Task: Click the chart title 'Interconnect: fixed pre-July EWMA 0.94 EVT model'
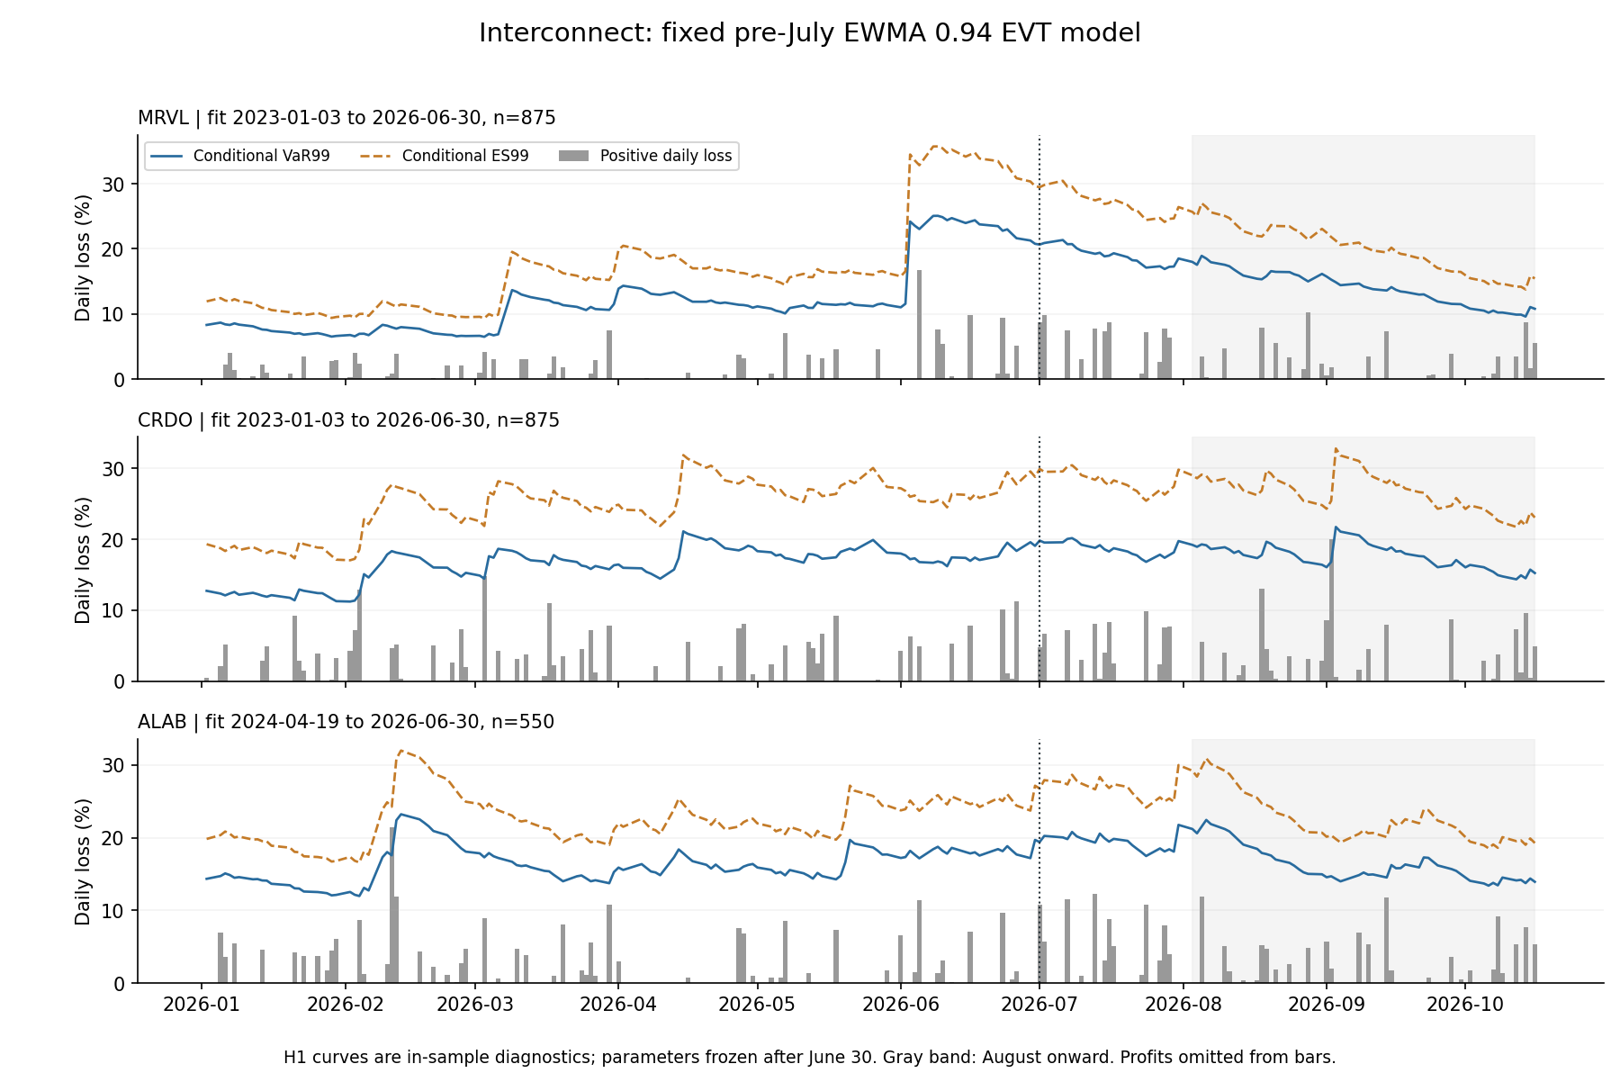[809, 33]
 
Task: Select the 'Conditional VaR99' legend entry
[240, 156]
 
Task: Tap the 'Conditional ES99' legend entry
[445, 156]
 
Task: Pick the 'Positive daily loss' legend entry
[645, 156]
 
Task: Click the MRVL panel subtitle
[346, 118]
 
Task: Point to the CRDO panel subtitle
[348, 420]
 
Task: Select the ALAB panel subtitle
[346, 722]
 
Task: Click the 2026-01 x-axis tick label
[202, 1004]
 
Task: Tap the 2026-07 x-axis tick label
[1039, 1004]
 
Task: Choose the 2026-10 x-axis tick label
[1465, 1004]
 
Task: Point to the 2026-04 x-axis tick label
[617, 1004]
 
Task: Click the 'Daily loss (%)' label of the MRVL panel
[83, 257]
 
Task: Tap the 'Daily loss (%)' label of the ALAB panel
[83, 861]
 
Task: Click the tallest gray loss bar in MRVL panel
[919, 324]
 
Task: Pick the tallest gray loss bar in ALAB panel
[392, 905]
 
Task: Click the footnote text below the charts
[809, 1057]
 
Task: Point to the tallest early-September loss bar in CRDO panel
[1332, 610]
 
